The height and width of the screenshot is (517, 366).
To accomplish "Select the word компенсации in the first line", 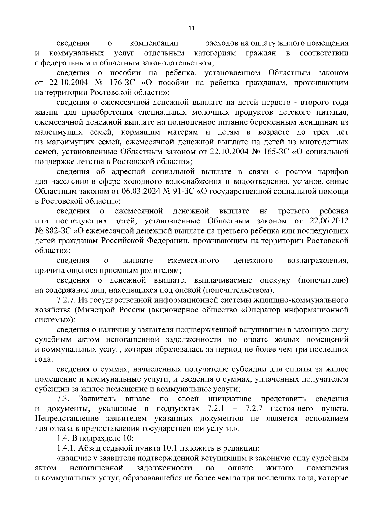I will click(x=154, y=44).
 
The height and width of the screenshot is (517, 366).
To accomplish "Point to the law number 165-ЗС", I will click(x=274, y=152).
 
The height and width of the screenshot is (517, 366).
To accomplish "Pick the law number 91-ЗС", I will click(x=151, y=191).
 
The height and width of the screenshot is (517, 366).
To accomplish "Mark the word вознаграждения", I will click(x=318, y=260).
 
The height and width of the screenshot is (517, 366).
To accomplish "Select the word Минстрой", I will click(x=98, y=310).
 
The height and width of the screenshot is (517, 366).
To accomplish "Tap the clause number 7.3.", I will click(x=64, y=399).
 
